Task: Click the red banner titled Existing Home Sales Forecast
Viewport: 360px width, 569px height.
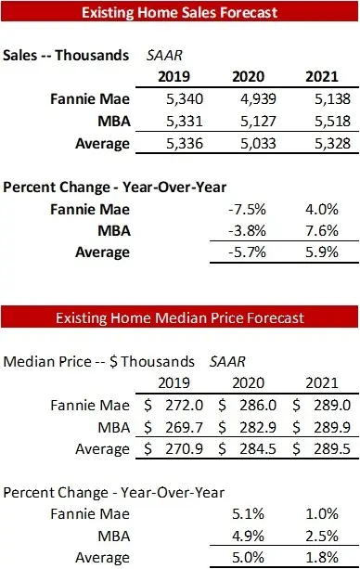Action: pyautogui.click(x=179, y=13)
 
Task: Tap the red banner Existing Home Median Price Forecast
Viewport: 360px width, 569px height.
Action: pyautogui.click(x=179, y=317)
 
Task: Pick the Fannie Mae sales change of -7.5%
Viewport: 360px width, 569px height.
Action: pyautogui.click(x=240, y=207)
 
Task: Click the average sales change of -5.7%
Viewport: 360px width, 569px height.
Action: pyautogui.click(x=240, y=252)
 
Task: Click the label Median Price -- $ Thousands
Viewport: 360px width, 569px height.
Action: pyautogui.click(x=100, y=361)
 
